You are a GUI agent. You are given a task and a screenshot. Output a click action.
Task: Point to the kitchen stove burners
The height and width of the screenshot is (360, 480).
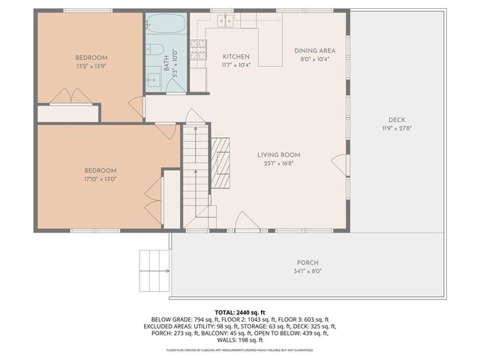(x=198, y=51)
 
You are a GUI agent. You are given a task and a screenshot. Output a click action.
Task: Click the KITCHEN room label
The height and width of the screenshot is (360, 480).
(x=236, y=56)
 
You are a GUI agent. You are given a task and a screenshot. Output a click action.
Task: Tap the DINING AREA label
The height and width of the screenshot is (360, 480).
(x=314, y=50)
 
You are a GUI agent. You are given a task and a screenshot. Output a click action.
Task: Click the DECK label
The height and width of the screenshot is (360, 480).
(x=397, y=120)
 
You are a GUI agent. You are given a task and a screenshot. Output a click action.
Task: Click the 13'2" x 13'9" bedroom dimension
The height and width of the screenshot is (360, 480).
(x=91, y=66)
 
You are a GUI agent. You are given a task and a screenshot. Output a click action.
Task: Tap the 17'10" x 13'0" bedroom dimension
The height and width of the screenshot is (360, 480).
(x=100, y=178)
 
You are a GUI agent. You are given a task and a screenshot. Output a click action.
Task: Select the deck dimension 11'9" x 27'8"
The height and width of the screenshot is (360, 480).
(x=397, y=128)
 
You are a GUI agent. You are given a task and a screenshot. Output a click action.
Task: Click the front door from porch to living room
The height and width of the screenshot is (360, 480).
(x=247, y=221)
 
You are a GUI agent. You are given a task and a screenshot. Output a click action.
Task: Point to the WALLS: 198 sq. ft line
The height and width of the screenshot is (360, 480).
(x=239, y=340)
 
